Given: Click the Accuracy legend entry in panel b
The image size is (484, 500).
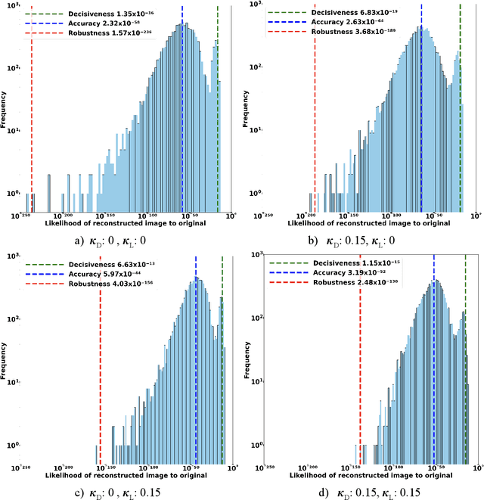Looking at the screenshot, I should (334, 22).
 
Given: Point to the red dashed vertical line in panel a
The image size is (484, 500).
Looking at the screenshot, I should (31, 113).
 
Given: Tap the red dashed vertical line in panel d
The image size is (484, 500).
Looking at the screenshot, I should (360, 363).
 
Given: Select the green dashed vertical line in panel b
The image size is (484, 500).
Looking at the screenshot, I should (459, 113).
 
